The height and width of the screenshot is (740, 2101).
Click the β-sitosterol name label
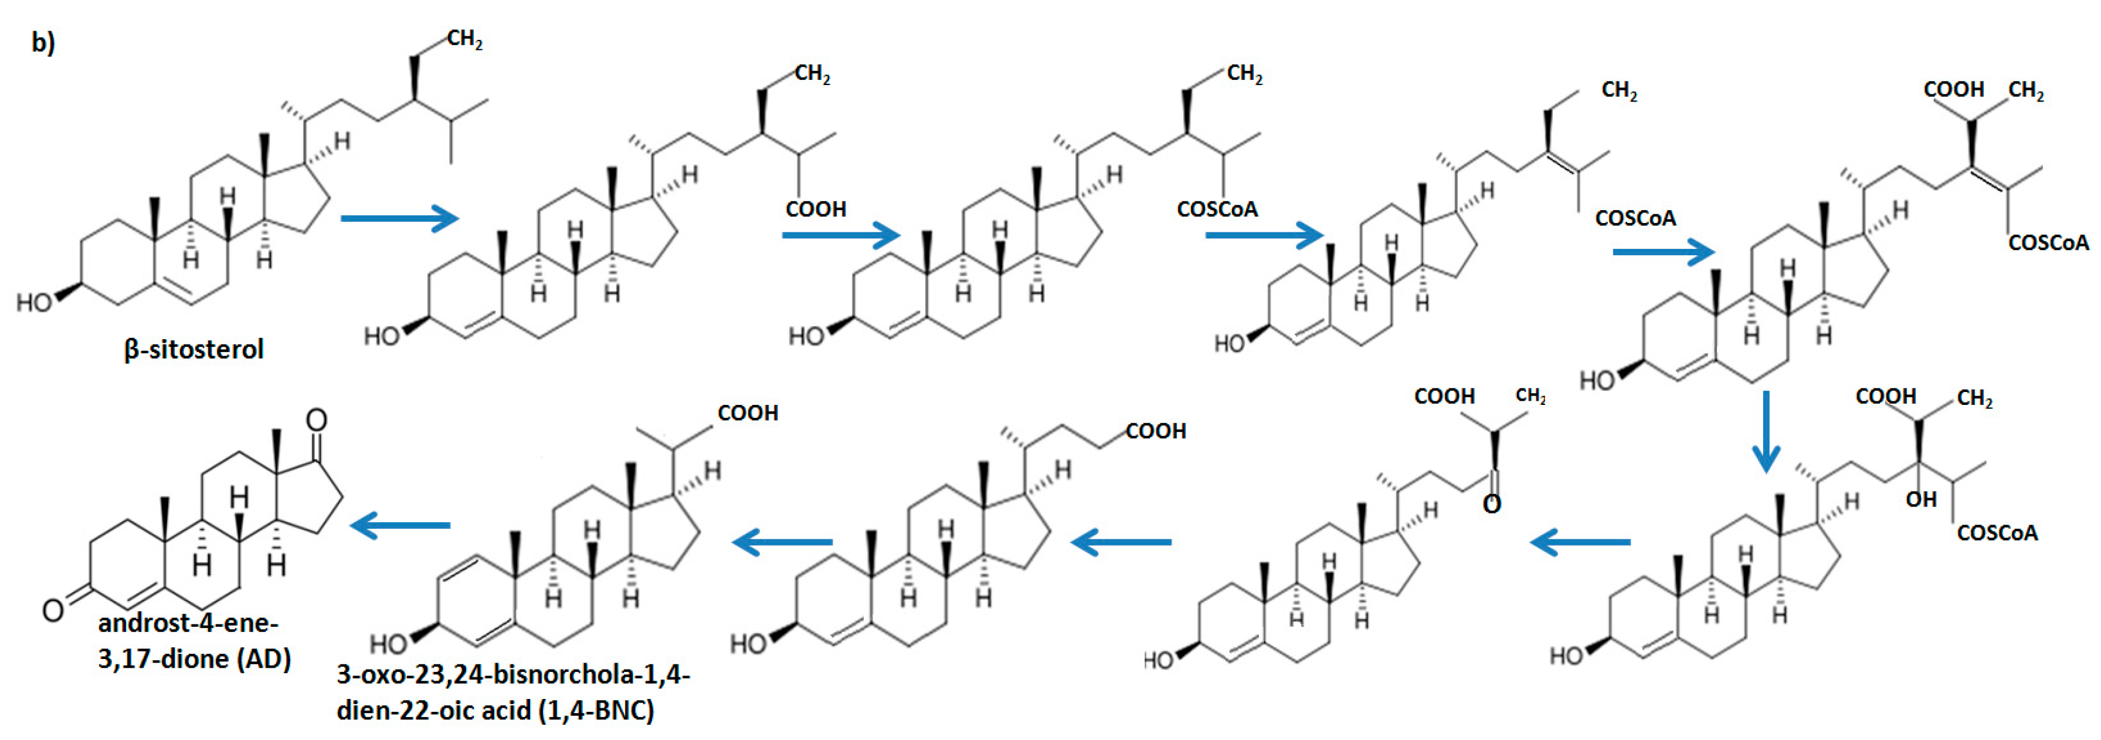[194, 349]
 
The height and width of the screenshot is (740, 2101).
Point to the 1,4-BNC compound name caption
[512, 692]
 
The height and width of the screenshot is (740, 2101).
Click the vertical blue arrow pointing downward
[1766, 431]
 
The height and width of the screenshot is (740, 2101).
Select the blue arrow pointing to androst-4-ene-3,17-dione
[400, 525]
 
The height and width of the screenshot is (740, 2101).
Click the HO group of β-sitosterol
[34, 303]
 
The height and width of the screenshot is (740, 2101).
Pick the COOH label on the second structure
[816, 210]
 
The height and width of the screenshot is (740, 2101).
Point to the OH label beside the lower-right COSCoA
[1921, 499]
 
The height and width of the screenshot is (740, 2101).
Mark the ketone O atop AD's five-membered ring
[317, 421]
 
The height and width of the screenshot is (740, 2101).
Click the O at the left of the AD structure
[53, 610]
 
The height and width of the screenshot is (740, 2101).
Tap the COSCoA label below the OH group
[1997, 533]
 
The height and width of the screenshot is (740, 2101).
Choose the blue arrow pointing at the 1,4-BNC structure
[783, 542]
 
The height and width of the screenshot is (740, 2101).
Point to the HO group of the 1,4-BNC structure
[388, 644]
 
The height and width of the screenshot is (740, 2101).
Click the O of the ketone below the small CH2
[1491, 504]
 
